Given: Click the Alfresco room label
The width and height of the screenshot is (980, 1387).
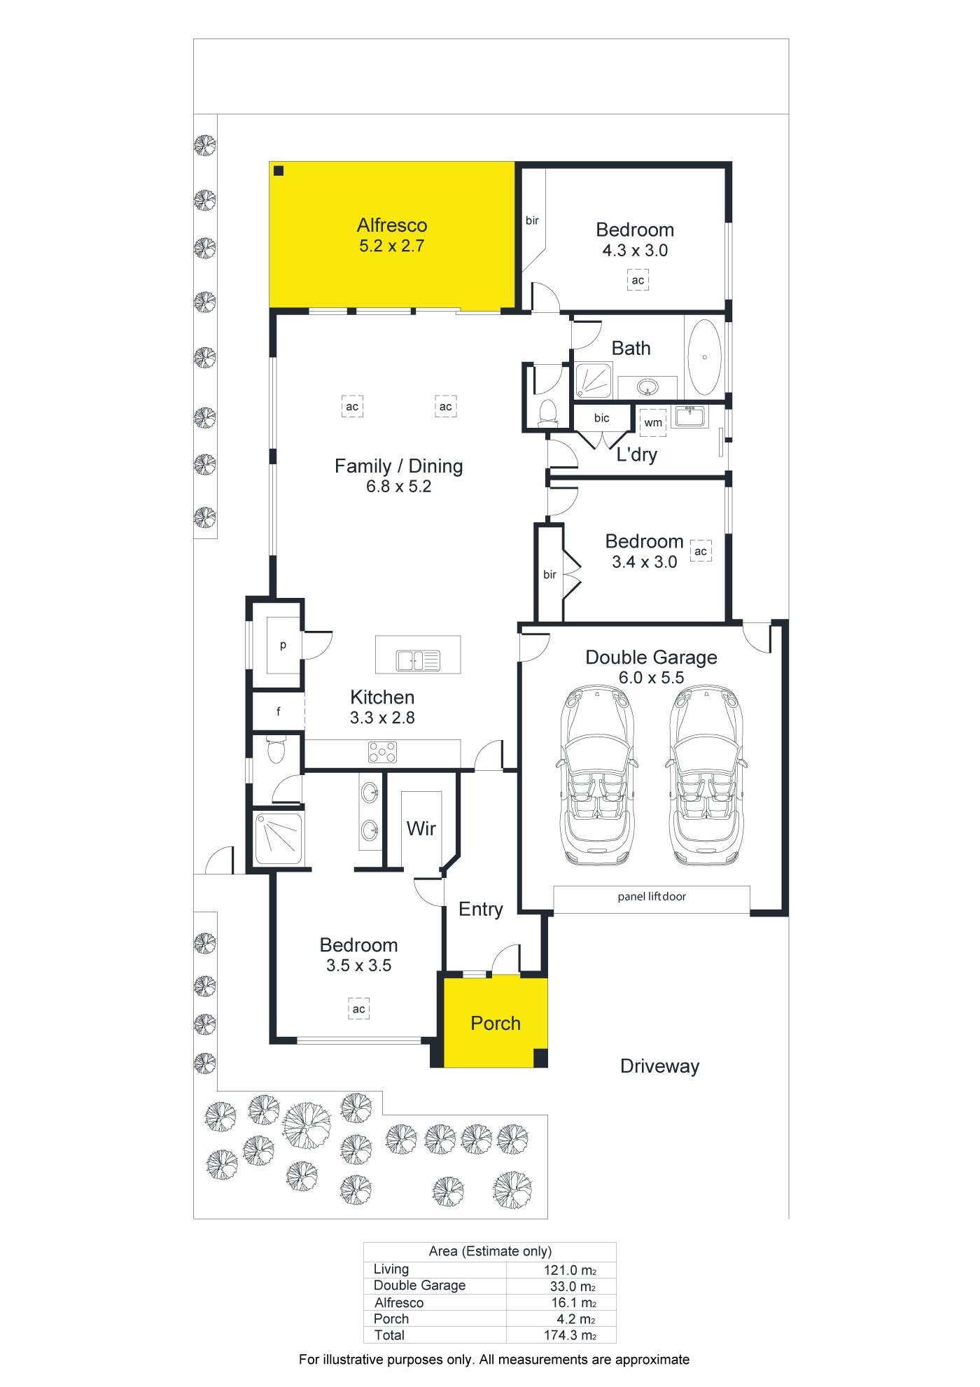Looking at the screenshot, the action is (x=392, y=225).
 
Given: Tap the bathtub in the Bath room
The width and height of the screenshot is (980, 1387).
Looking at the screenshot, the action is (x=704, y=357).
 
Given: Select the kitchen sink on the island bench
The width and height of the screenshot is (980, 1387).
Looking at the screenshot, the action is (x=418, y=660).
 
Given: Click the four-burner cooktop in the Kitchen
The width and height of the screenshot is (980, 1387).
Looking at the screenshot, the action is (x=382, y=753).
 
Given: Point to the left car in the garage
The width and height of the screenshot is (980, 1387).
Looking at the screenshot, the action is (x=597, y=776).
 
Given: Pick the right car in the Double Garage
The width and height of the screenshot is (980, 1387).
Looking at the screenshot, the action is (x=706, y=776).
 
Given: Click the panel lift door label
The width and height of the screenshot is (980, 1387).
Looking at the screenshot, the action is (x=652, y=896).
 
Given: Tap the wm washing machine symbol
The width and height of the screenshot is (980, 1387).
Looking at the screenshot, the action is (x=653, y=423).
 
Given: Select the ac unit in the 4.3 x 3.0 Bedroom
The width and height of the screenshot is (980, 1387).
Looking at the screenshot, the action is (x=638, y=280).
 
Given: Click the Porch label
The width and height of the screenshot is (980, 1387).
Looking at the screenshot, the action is (x=496, y=1024).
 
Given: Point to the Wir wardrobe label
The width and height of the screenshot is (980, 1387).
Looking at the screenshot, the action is (x=421, y=829).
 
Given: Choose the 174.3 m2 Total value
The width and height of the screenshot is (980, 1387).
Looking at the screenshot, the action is (x=570, y=1335).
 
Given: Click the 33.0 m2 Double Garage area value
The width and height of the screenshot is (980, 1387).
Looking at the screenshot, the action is (x=573, y=1286).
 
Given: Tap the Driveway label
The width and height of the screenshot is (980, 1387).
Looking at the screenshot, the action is (x=659, y=1066).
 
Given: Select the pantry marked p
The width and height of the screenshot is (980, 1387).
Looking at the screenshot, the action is (x=283, y=645).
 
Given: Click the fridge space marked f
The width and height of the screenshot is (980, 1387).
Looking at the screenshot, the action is (x=278, y=711).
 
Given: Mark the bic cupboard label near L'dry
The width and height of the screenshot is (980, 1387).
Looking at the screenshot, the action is (x=601, y=418).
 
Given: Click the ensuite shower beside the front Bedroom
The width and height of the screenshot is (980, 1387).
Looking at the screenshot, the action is (x=279, y=838).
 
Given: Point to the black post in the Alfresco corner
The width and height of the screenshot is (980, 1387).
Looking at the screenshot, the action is (x=279, y=170).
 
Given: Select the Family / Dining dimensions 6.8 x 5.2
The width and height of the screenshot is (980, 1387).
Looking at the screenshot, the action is (x=399, y=487).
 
